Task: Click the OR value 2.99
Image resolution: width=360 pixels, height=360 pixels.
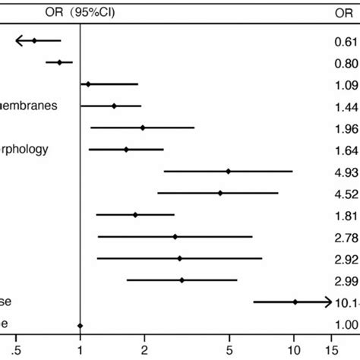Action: click(x=344, y=280)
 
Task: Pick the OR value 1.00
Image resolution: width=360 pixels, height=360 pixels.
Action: click(x=344, y=324)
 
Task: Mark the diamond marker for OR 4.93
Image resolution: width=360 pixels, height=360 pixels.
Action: click(x=229, y=172)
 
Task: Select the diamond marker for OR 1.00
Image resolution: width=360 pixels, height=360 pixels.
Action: click(x=81, y=324)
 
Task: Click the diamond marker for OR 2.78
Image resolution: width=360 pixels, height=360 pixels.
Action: click(x=175, y=237)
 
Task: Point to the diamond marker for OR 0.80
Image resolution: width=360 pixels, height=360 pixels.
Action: click(x=60, y=62)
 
